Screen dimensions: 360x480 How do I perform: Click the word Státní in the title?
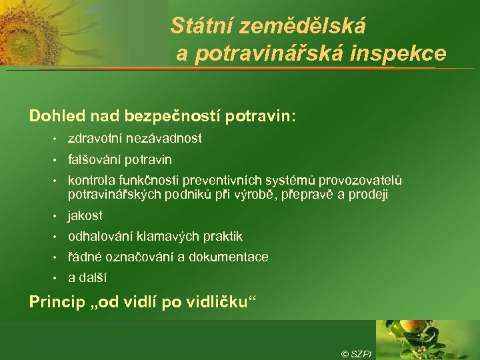click(x=197, y=26)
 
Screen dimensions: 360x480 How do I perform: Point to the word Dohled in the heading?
click(x=54, y=116)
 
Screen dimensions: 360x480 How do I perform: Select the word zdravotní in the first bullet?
click(x=93, y=139)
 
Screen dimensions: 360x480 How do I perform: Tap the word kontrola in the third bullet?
click(x=89, y=181)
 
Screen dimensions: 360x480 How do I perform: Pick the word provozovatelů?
click(x=361, y=181)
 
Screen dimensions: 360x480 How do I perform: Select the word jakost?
click(x=85, y=216)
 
